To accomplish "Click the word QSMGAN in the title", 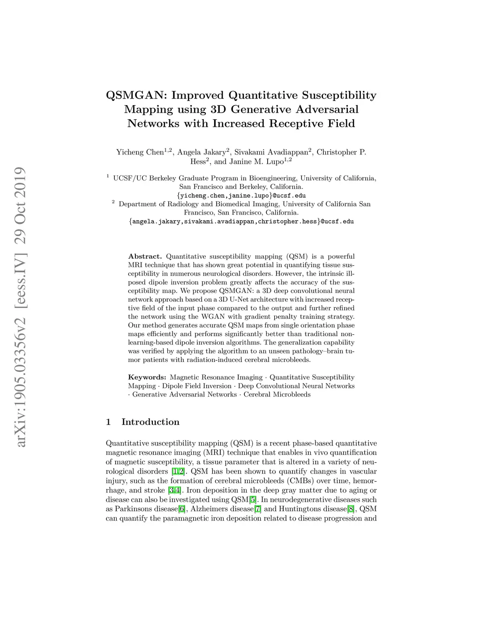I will pyautogui.click(x=136, y=95).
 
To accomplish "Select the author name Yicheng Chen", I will pyautogui.click(x=140, y=152).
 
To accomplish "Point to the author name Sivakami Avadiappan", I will pyautogui.click(x=271, y=152).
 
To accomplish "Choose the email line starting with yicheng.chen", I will pyautogui.click(x=241, y=195).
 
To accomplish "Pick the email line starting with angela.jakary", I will pyautogui.click(x=241, y=221).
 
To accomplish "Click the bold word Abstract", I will pyautogui.click(x=145, y=256).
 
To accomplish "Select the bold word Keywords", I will pyautogui.click(x=147, y=377).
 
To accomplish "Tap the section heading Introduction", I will pyautogui.click(x=150, y=422).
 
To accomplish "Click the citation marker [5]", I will pyautogui.click(x=253, y=499).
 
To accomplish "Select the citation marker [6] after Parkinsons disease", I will pyautogui.click(x=182, y=509).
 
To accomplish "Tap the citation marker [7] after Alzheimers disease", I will pyautogui.click(x=257, y=509).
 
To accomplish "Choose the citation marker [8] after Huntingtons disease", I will pyautogui.click(x=350, y=509).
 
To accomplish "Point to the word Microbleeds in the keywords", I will pyautogui.click(x=293, y=394).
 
